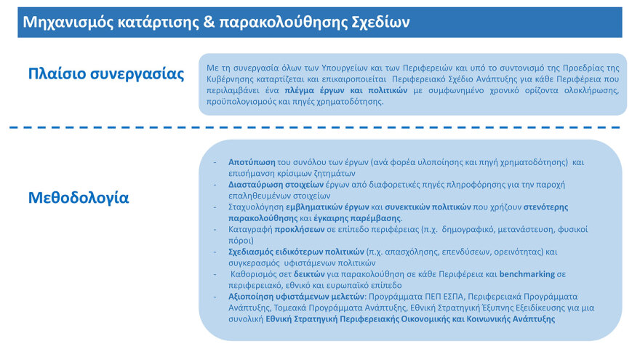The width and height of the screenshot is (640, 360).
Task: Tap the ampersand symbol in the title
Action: point(208,22)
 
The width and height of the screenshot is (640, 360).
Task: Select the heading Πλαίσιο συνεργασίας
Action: point(106,73)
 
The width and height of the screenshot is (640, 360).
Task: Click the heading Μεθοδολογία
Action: point(79,197)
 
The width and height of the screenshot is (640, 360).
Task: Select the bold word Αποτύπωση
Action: point(252,162)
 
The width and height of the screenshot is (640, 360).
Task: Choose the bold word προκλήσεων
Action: point(297,229)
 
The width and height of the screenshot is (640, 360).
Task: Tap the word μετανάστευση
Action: point(542,229)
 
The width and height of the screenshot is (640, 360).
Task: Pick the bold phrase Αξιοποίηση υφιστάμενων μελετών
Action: point(297,297)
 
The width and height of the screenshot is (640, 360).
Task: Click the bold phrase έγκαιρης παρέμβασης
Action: point(361,218)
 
